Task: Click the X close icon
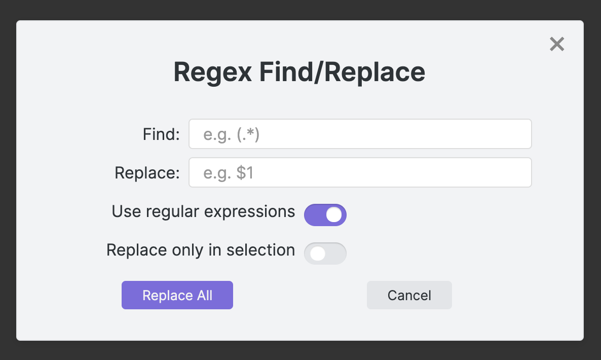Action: (557, 44)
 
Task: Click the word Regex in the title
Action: (213, 72)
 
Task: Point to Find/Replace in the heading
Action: (342, 71)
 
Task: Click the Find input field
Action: (360, 134)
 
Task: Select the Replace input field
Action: (360, 172)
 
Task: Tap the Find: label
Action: (161, 134)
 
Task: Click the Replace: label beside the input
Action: (147, 173)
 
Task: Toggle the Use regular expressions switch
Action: (325, 214)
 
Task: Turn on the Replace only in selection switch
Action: (325, 254)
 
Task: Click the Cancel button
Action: (409, 295)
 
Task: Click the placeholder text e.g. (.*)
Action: (231, 134)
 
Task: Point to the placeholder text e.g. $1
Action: (228, 173)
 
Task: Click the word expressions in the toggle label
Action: (249, 212)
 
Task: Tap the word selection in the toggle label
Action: (260, 250)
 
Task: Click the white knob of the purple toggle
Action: (334, 214)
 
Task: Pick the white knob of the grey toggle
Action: (318, 254)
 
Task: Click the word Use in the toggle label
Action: (126, 211)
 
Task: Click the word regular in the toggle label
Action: (172, 212)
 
